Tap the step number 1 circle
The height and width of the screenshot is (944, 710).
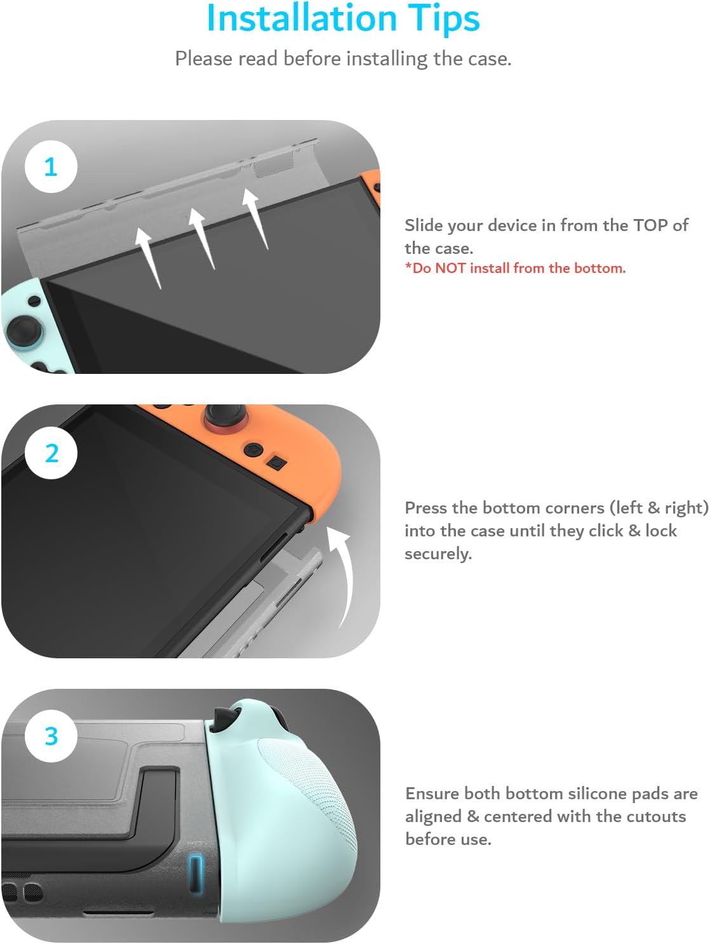coord(51,167)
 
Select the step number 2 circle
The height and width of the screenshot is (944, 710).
coord(51,453)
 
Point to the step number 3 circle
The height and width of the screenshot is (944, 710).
coord(51,736)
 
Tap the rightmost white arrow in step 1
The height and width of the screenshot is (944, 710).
coord(255,216)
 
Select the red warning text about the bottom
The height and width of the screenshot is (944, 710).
coord(515,268)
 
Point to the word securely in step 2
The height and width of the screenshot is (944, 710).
coord(438,554)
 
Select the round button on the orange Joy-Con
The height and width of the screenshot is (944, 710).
coord(254,449)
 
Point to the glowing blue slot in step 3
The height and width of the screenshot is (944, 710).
coord(196,874)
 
